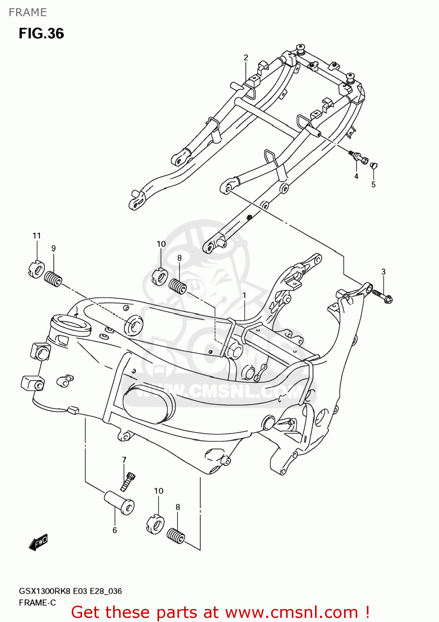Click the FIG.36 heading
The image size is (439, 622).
point(41,34)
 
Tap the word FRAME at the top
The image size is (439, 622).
point(28,12)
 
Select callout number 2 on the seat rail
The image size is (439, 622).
point(246,58)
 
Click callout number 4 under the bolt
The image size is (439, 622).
point(356,176)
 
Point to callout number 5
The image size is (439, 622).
point(374,185)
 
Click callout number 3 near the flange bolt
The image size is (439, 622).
point(383,272)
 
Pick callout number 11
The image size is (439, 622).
point(37,236)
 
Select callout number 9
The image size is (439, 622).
point(53,248)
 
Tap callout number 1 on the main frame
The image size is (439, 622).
point(245,295)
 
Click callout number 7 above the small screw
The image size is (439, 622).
point(124,459)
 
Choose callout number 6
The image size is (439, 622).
point(115,530)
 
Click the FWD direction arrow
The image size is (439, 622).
point(39,542)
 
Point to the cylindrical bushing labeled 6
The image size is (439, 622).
point(119,503)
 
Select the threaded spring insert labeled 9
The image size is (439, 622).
point(53,279)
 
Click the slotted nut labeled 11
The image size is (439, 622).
point(36,269)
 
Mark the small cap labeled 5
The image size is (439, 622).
point(373,166)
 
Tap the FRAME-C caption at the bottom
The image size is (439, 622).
point(37,603)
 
